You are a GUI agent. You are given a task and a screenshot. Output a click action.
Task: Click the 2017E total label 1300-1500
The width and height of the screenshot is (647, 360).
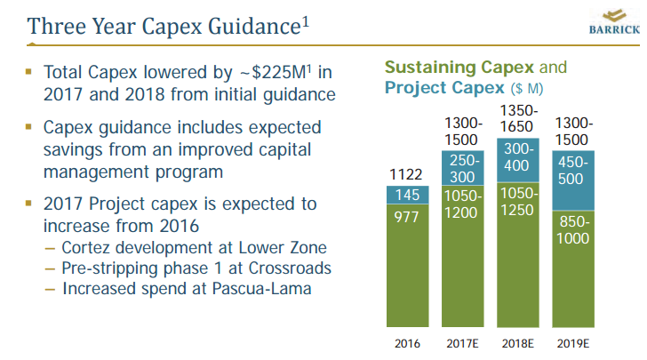463,132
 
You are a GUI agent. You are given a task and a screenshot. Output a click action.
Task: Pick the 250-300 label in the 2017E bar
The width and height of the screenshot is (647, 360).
463,168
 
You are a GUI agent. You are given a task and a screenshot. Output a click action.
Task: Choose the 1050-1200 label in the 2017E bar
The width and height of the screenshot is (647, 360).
463,204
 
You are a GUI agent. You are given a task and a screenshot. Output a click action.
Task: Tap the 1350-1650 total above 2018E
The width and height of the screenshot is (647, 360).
519,118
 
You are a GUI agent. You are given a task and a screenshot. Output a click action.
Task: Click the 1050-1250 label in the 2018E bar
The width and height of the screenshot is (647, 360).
519,200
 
